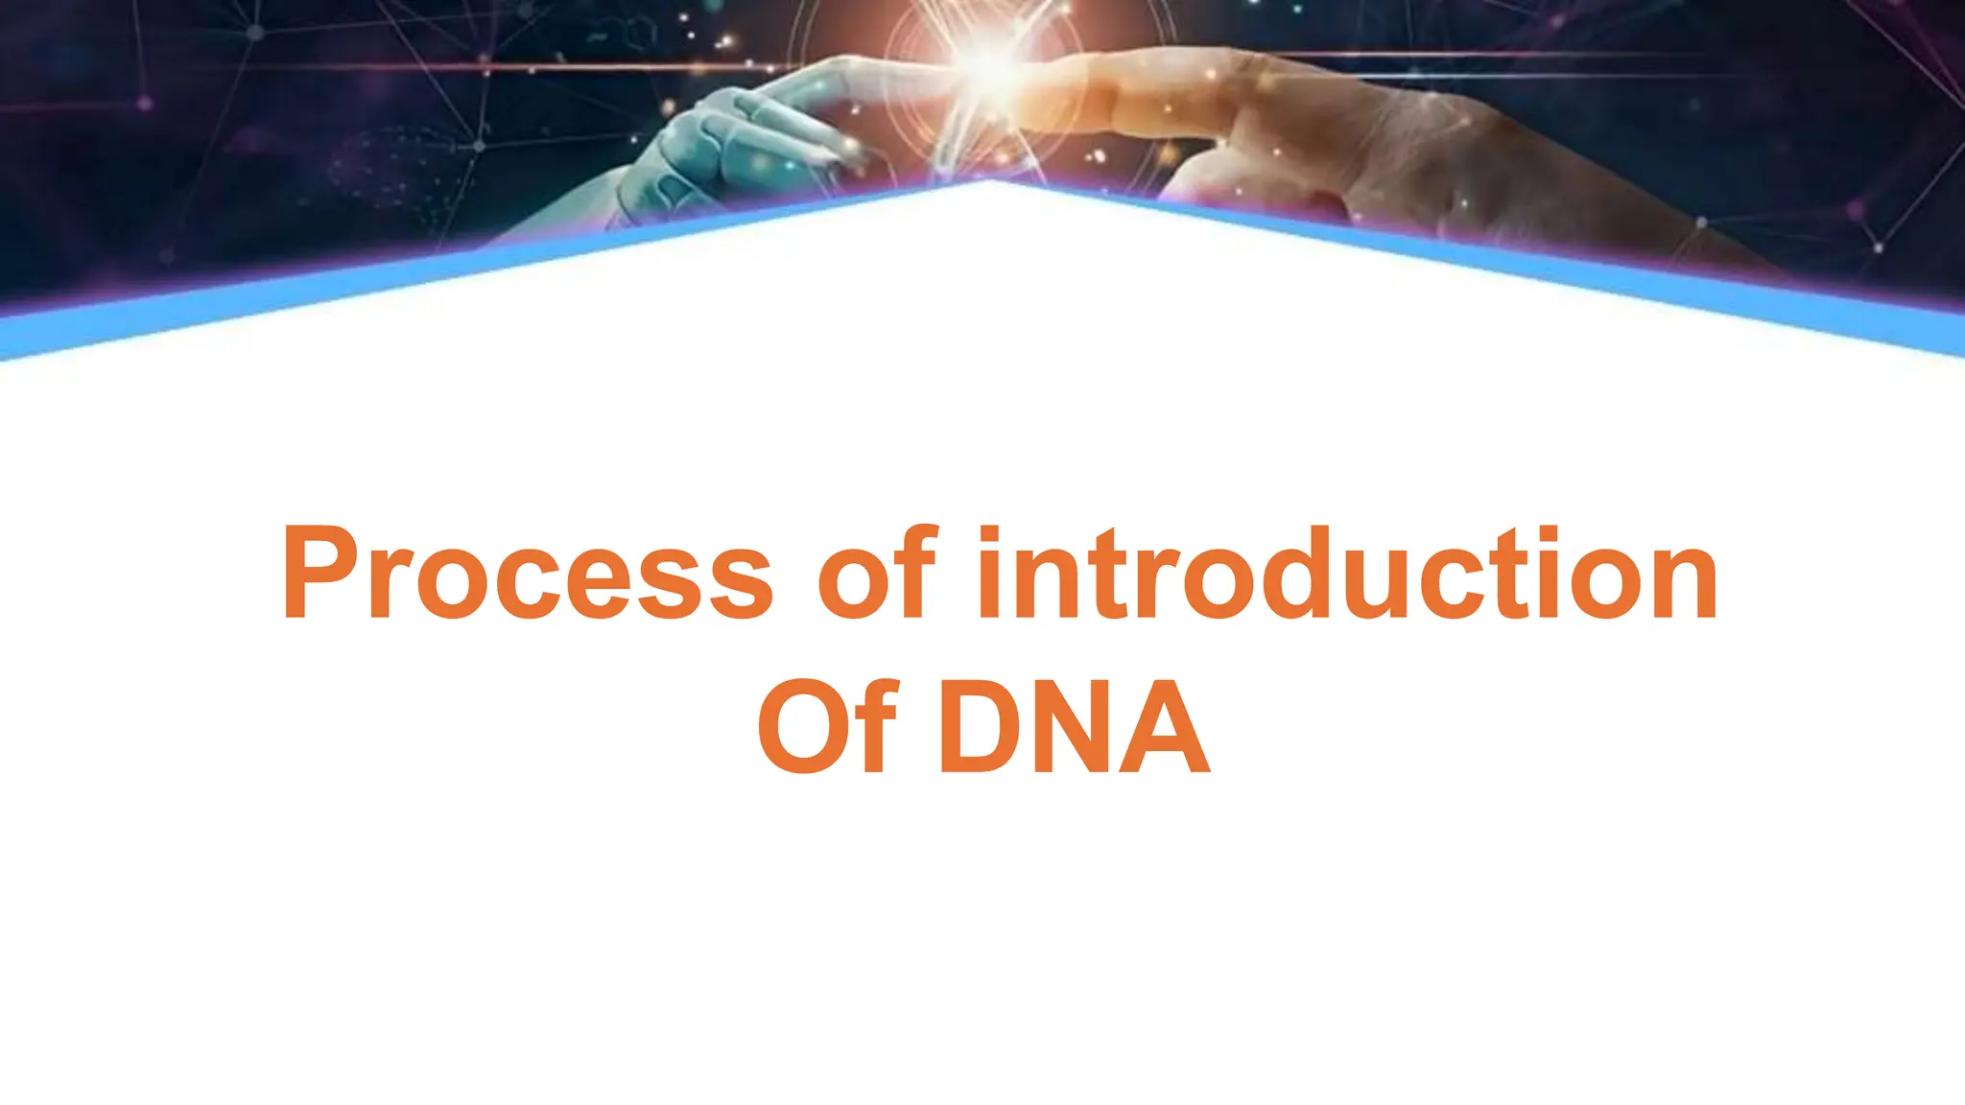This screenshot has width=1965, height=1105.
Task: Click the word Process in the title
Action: click(527, 574)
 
